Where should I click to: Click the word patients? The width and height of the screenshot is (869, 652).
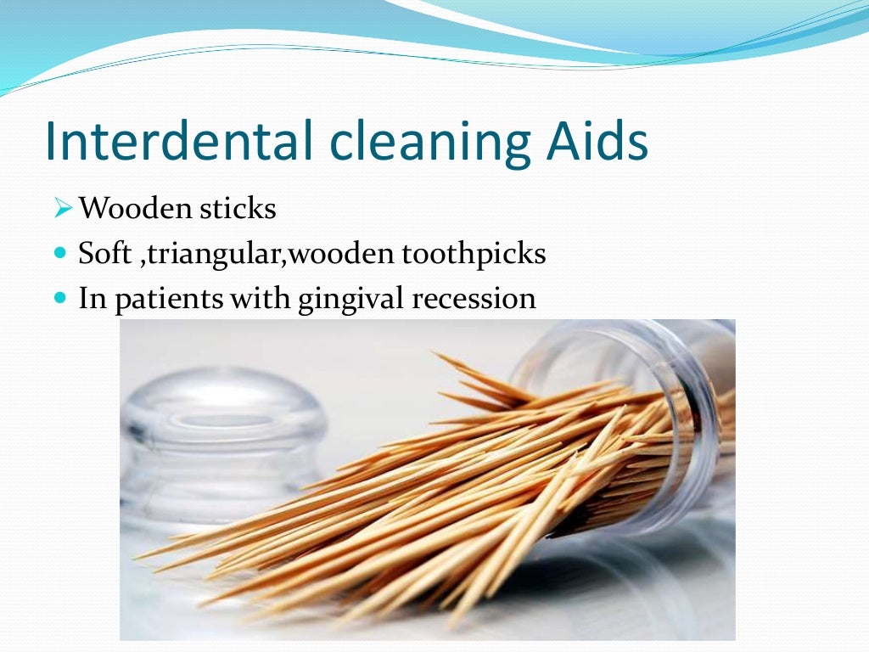point(156,299)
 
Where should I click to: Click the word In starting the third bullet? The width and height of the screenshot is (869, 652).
point(89,299)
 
